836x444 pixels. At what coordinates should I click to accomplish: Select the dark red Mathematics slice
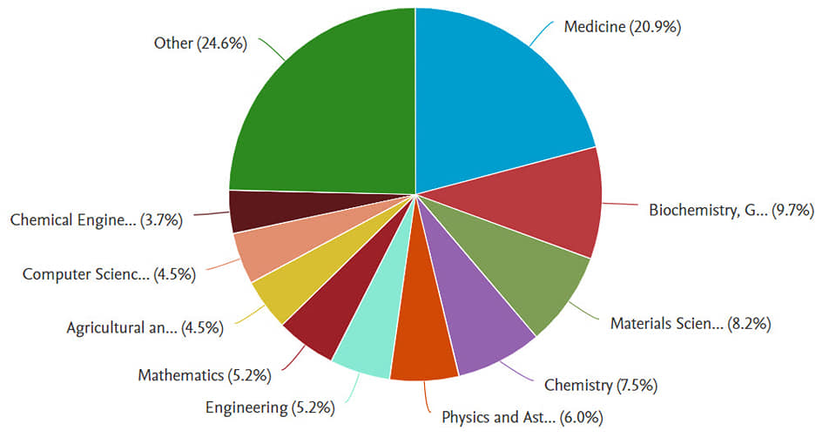322,318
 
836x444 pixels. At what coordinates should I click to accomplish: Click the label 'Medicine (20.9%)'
622,27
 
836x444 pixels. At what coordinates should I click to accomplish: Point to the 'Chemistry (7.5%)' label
600,385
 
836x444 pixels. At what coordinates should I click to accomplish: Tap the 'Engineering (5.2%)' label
270,407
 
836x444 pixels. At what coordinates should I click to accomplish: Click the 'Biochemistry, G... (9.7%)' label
731,210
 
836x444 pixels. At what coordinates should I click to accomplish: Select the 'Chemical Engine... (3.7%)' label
96,220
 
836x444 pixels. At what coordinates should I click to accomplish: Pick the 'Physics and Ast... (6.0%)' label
522,417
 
